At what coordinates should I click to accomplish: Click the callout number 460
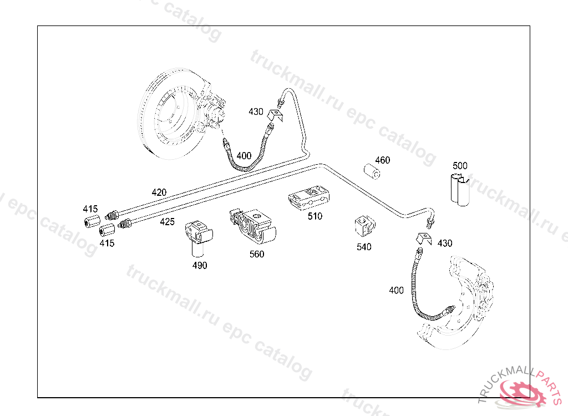pyautogui.click(x=382, y=160)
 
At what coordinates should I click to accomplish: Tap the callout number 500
pyautogui.click(x=460, y=165)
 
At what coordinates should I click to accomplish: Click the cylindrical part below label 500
pyautogui.click(x=459, y=190)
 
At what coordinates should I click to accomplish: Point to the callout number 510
pyautogui.click(x=315, y=216)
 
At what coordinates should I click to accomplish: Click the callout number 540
pyautogui.click(x=364, y=247)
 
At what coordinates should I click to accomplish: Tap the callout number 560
pyautogui.click(x=257, y=254)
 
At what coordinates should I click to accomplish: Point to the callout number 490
pyautogui.click(x=200, y=265)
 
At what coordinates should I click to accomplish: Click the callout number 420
pyautogui.click(x=159, y=192)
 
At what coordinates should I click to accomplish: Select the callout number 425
pyautogui.click(x=167, y=222)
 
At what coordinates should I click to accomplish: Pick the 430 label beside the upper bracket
pyautogui.click(x=256, y=111)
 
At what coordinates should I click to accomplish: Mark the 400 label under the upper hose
pyautogui.click(x=244, y=155)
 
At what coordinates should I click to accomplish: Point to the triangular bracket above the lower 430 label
pyautogui.click(x=424, y=239)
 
